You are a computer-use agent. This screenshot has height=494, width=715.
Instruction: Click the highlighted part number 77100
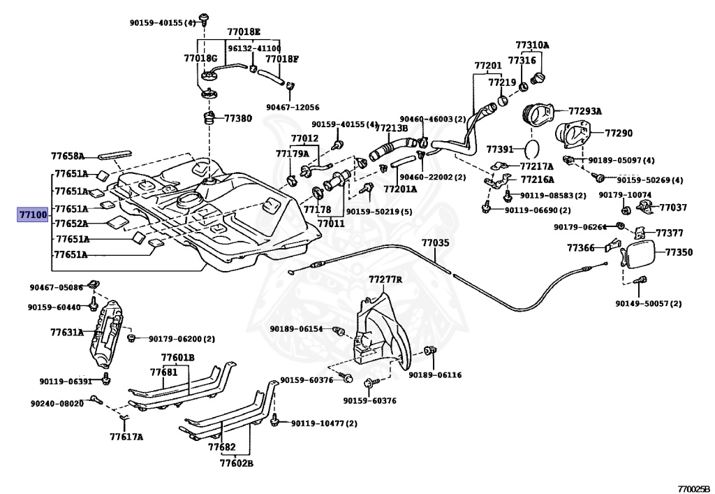(x=32, y=214)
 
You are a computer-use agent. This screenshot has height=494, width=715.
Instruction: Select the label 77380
(x=237, y=119)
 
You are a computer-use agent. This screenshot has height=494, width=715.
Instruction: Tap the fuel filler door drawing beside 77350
(x=639, y=254)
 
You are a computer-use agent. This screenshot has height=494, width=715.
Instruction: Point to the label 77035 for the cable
(x=435, y=243)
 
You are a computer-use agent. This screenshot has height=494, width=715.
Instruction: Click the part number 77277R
(x=385, y=279)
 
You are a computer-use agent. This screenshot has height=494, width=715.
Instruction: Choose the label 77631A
(x=67, y=333)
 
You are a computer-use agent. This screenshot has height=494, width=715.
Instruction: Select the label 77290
(x=619, y=133)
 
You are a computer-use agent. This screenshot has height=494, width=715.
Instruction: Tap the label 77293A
(x=585, y=111)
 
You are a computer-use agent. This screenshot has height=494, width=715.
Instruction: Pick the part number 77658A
(x=68, y=157)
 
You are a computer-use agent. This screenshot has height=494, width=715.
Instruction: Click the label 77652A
(x=71, y=224)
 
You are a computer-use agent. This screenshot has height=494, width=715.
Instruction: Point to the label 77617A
(x=126, y=437)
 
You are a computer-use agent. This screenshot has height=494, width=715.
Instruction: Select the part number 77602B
(x=236, y=463)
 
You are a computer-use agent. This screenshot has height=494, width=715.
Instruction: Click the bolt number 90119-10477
(x=318, y=423)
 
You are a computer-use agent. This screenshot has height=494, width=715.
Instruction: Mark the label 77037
(x=673, y=208)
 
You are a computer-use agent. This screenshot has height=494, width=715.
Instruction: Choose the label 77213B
(x=391, y=128)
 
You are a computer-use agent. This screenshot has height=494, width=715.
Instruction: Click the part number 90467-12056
(x=293, y=108)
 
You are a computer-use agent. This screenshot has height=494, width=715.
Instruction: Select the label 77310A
(x=532, y=45)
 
